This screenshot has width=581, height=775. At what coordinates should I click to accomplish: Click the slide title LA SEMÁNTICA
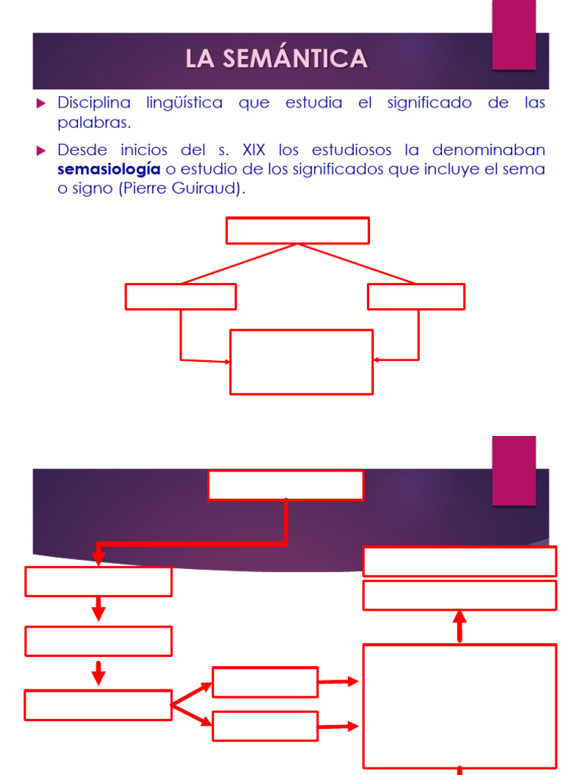[x=277, y=59]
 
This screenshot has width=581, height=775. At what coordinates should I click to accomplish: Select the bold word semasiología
[x=109, y=169]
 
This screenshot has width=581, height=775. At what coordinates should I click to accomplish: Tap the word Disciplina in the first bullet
[x=94, y=103]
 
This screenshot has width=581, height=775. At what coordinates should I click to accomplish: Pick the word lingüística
[x=184, y=103]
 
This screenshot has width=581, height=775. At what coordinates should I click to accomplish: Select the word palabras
[x=94, y=123]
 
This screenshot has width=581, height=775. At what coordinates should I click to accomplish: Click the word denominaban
[x=489, y=149]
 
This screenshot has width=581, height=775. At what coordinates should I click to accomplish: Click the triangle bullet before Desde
[x=42, y=150]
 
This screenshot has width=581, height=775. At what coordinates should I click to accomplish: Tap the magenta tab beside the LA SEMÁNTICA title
[x=514, y=35]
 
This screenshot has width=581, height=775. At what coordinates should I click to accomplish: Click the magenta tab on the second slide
[x=514, y=470]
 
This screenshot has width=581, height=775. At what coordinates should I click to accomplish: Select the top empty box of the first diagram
[x=297, y=231]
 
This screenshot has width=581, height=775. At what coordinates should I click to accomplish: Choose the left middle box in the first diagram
[x=181, y=297]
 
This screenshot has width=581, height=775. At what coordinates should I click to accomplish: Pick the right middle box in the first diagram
[x=416, y=297]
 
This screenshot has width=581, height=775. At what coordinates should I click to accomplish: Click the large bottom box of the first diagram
[x=301, y=362]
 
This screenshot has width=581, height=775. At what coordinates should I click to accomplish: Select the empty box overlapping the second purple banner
[x=285, y=485]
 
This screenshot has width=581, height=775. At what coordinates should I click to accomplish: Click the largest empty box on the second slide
[x=460, y=706]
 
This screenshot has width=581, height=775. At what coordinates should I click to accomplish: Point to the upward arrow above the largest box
[x=460, y=627]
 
